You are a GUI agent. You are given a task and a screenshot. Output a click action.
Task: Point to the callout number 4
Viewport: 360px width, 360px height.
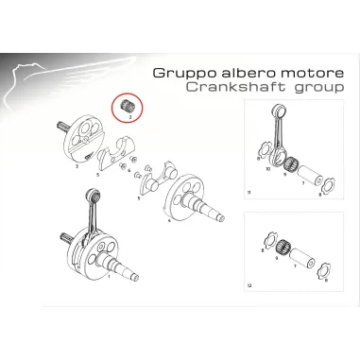pos(168,220)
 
